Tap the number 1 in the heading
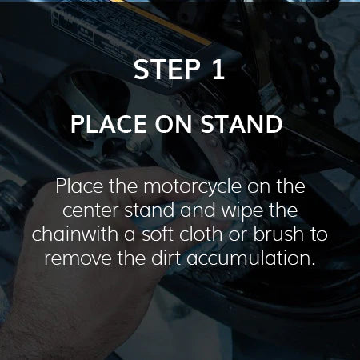point(218,70)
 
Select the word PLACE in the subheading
point(109,124)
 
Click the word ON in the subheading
point(174,124)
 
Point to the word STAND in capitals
point(242,124)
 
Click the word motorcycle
point(193,186)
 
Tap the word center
point(91,210)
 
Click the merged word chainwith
point(75,234)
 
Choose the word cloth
point(201,234)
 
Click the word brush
point(278,234)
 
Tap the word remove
point(78,258)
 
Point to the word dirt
point(166,258)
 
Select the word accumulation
point(251,258)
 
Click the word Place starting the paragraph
point(79,186)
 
